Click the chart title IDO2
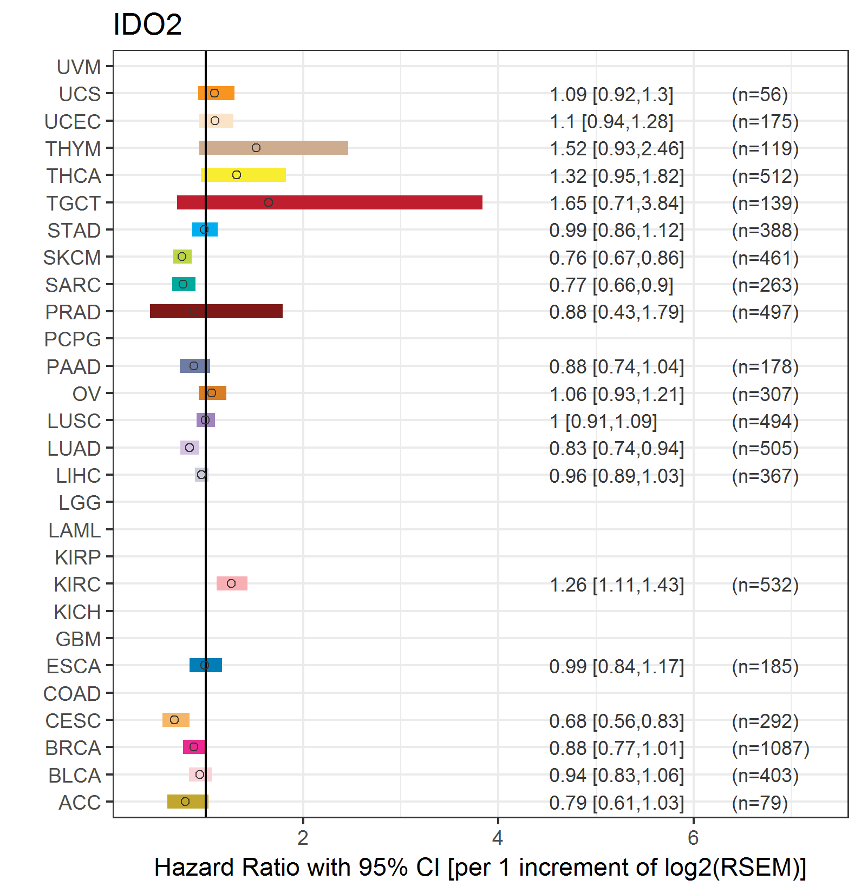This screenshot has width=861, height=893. tap(147, 25)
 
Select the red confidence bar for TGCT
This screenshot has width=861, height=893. tap(329, 202)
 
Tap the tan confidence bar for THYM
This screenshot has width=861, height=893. tap(273, 148)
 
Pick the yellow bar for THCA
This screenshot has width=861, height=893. tap(243, 175)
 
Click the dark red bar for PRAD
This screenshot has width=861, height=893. tap(216, 311)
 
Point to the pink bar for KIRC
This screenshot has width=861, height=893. tap(232, 583)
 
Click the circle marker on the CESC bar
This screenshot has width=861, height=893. tap(174, 720)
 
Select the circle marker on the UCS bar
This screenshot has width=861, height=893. tap(214, 93)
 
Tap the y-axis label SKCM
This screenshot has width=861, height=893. tap(72, 258)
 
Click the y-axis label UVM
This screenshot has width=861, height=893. tap(79, 67)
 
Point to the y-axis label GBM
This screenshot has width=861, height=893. tap(79, 639)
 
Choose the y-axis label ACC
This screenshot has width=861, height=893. tap(80, 803)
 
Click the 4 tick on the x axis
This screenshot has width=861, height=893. tap(498, 838)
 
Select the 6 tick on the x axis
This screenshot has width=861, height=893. tap(693, 838)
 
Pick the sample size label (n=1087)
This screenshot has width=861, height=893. tap(771, 748)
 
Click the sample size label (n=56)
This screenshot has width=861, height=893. tap(760, 95)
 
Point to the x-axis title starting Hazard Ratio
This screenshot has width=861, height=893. tap(480, 868)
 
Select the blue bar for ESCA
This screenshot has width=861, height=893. tap(206, 665)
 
